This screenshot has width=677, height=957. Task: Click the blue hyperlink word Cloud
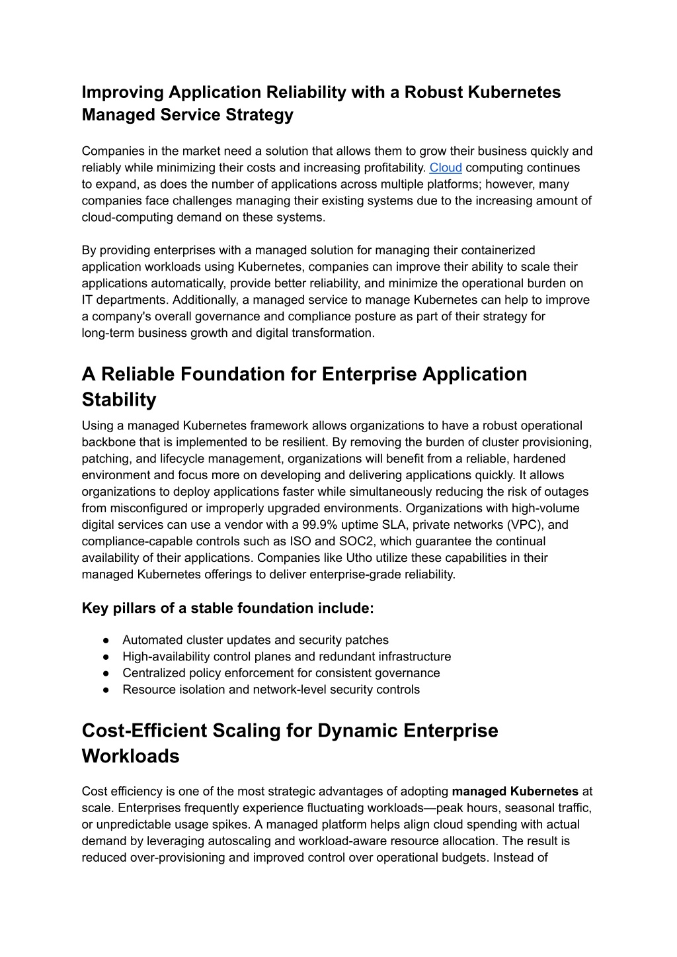(446, 167)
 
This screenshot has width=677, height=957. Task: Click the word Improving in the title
(122, 92)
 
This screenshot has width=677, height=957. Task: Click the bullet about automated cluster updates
(255, 640)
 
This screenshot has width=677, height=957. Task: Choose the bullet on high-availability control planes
(286, 657)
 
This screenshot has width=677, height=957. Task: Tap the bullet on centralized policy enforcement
(281, 673)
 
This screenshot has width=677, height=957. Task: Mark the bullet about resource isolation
(271, 690)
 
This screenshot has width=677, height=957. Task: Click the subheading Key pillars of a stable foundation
(227, 608)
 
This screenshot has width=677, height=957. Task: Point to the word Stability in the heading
(119, 400)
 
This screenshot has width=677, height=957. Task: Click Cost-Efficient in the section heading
(141, 731)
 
